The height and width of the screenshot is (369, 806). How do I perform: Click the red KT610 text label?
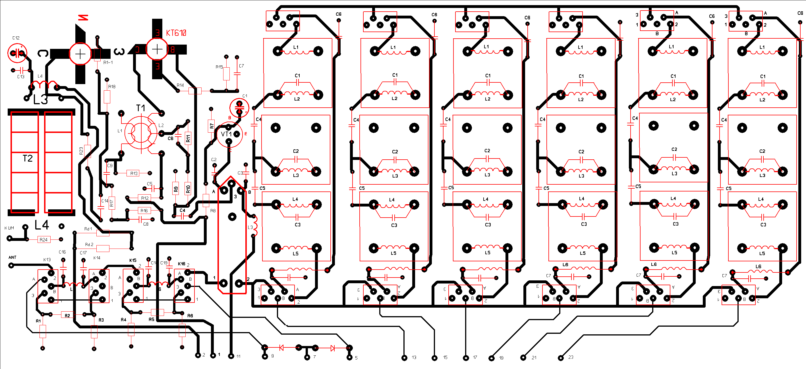tap(176, 33)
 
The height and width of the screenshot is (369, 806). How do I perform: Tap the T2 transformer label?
tap(28, 158)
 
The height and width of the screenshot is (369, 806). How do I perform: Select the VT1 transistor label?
tap(226, 134)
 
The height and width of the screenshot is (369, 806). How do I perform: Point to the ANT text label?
tap(12, 257)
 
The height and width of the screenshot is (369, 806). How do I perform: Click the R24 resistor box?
tap(43, 239)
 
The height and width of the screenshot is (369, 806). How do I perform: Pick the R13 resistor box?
tap(134, 173)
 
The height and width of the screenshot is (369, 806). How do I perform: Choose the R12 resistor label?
tap(144, 198)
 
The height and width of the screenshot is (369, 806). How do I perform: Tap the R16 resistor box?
tap(144, 211)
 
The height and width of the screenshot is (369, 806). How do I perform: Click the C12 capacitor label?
tap(16, 38)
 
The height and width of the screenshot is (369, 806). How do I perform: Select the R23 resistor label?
tap(81, 151)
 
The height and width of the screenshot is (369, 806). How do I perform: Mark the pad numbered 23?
tap(561, 358)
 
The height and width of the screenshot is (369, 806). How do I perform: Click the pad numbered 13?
tap(404, 358)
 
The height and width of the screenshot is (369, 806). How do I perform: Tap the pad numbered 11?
tap(231, 356)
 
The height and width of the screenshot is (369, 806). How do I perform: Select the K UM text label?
tap(9, 228)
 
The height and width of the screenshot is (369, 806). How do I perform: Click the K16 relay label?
tap(181, 264)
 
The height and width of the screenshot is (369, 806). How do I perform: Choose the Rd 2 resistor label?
tap(89, 244)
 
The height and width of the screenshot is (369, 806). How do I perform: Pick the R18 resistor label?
tap(112, 87)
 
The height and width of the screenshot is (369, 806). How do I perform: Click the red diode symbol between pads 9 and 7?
tap(281, 347)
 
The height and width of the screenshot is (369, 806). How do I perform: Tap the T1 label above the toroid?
tap(140, 108)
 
